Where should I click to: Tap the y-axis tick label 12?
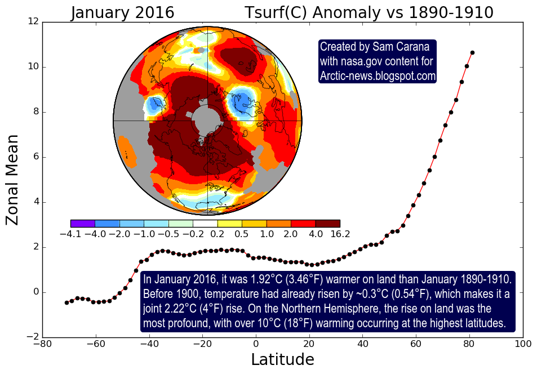(33, 21)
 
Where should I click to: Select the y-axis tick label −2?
(31, 337)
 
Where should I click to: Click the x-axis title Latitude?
(282, 359)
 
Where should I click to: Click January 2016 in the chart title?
(122, 12)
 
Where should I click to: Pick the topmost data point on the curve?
(472, 53)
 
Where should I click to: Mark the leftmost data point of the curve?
(66, 302)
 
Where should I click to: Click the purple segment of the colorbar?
(83, 224)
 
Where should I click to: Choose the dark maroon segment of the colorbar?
(327, 224)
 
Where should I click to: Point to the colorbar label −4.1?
(70, 234)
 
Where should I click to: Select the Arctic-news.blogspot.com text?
(378, 75)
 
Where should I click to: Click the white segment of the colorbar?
(205, 224)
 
